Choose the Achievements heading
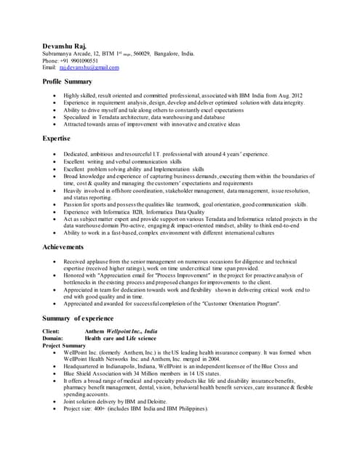[x=63, y=247]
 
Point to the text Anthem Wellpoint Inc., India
[x=121, y=331]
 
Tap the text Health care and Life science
[x=120, y=339]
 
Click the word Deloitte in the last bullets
[x=169, y=401]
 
